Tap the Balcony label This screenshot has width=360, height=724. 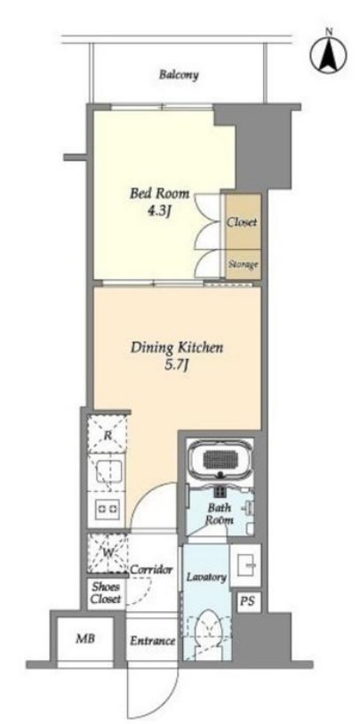coord(179,75)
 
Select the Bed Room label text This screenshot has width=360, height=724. coord(159,194)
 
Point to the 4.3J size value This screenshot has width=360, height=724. coord(159,212)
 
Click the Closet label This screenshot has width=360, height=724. coord(242,222)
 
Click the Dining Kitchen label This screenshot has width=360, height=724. coord(177,347)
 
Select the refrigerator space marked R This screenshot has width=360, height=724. coord(108,434)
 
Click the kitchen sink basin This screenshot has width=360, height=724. coord(109,471)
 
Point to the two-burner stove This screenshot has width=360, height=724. coord(108,508)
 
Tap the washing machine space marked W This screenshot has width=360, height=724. coord(108,553)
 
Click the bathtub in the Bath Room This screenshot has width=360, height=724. coord(220,458)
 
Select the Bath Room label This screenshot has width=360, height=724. coord(220,513)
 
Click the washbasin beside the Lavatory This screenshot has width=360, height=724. coord(245,559)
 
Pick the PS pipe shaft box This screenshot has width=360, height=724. coord(245,601)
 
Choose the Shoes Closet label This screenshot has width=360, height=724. coord(106,593)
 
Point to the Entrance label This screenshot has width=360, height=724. coord(152,641)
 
